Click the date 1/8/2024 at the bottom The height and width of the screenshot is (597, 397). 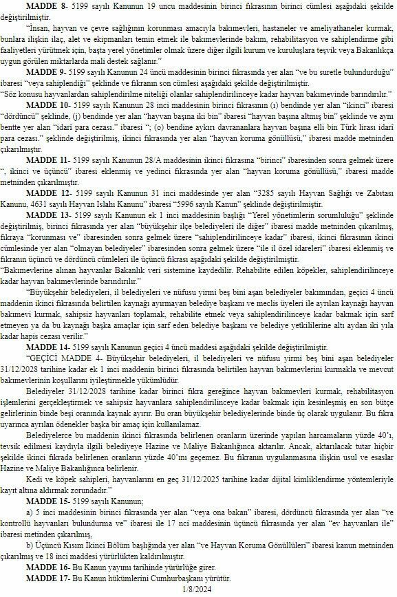click(197, 591)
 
